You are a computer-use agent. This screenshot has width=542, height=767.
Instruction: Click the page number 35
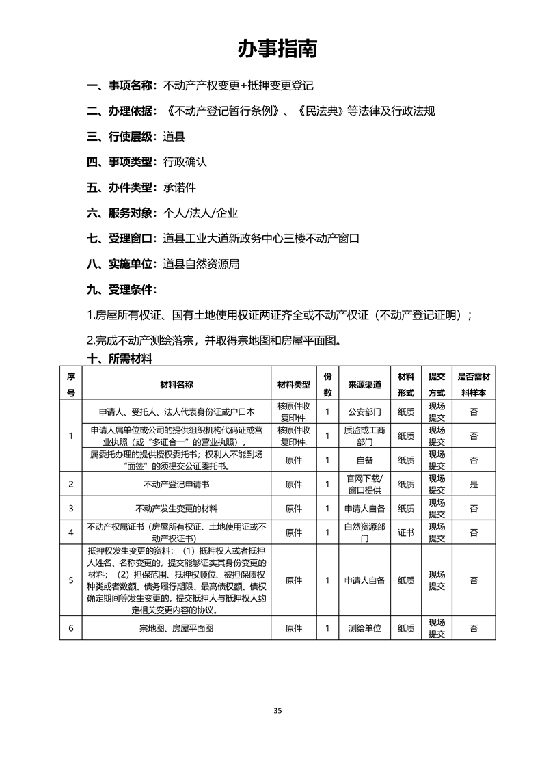click(x=277, y=710)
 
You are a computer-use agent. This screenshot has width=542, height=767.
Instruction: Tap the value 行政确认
click(x=185, y=163)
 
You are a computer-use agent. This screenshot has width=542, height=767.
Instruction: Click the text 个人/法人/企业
click(x=200, y=213)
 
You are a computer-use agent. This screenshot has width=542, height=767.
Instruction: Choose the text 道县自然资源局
click(x=201, y=264)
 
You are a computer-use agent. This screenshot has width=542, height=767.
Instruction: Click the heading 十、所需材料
click(x=119, y=359)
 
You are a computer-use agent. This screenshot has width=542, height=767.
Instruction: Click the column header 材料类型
click(x=294, y=385)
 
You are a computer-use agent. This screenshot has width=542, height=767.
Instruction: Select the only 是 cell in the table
click(x=474, y=484)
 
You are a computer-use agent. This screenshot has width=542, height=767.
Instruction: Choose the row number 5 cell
click(x=71, y=580)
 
